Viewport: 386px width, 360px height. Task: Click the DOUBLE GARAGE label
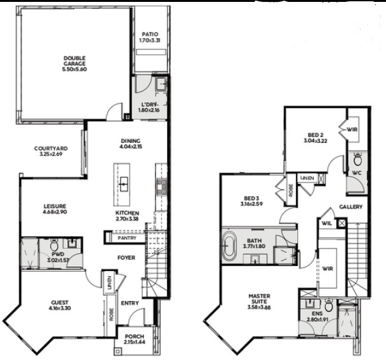(74, 62)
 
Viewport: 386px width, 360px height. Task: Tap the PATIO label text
(149, 34)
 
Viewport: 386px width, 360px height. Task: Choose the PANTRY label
(126, 238)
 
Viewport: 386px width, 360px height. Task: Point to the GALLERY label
(350, 207)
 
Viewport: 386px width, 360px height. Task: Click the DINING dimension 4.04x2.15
(130, 147)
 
